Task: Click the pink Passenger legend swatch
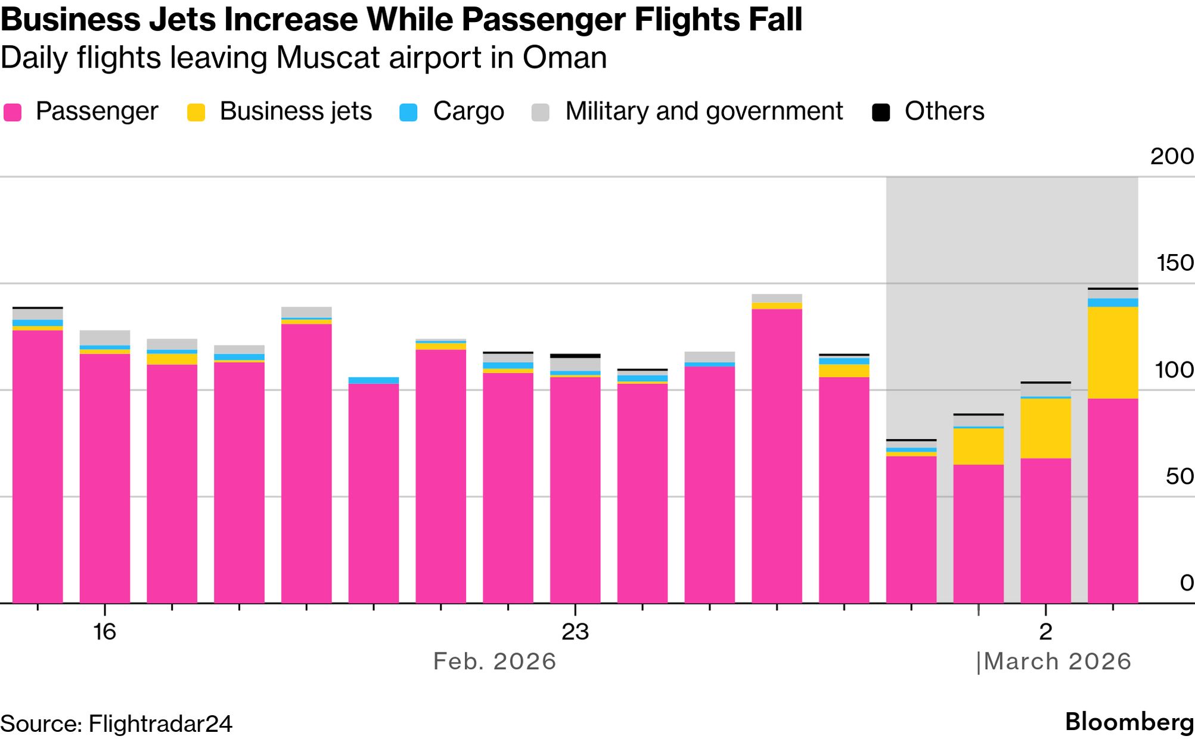pyautogui.click(x=13, y=112)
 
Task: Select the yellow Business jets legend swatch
pyautogui.click(x=196, y=112)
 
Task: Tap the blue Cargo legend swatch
pyautogui.click(x=408, y=112)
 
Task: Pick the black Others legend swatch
pyautogui.click(x=881, y=112)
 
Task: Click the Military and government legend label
pyautogui.click(x=704, y=112)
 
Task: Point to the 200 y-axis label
pyautogui.click(x=1172, y=156)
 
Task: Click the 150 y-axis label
pyautogui.click(x=1174, y=263)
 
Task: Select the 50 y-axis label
pyautogui.click(x=1180, y=477)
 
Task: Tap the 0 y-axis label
pyautogui.click(x=1187, y=583)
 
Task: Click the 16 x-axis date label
pyautogui.click(x=104, y=632)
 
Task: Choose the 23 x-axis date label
pyautogui.click(x=575, y=632)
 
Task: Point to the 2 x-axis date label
pyautogui.click(x=1045, y=632)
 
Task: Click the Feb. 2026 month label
pyautogui.click(x=495, y=661)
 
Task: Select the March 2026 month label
pyautogui.click(x=1057, y=661)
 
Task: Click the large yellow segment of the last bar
pyautogui.click(x=1113, y=353)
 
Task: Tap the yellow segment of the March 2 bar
pyautogui.click(x=1045, y=428)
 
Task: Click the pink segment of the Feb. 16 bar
pyautogui.click(x=105, y=477)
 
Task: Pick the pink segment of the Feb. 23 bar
pyautogui.click(x=575, y=489)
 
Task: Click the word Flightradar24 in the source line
pyautogui.click(x=160, y=724)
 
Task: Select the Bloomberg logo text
pyautogui.click(x=1129, y=722)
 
